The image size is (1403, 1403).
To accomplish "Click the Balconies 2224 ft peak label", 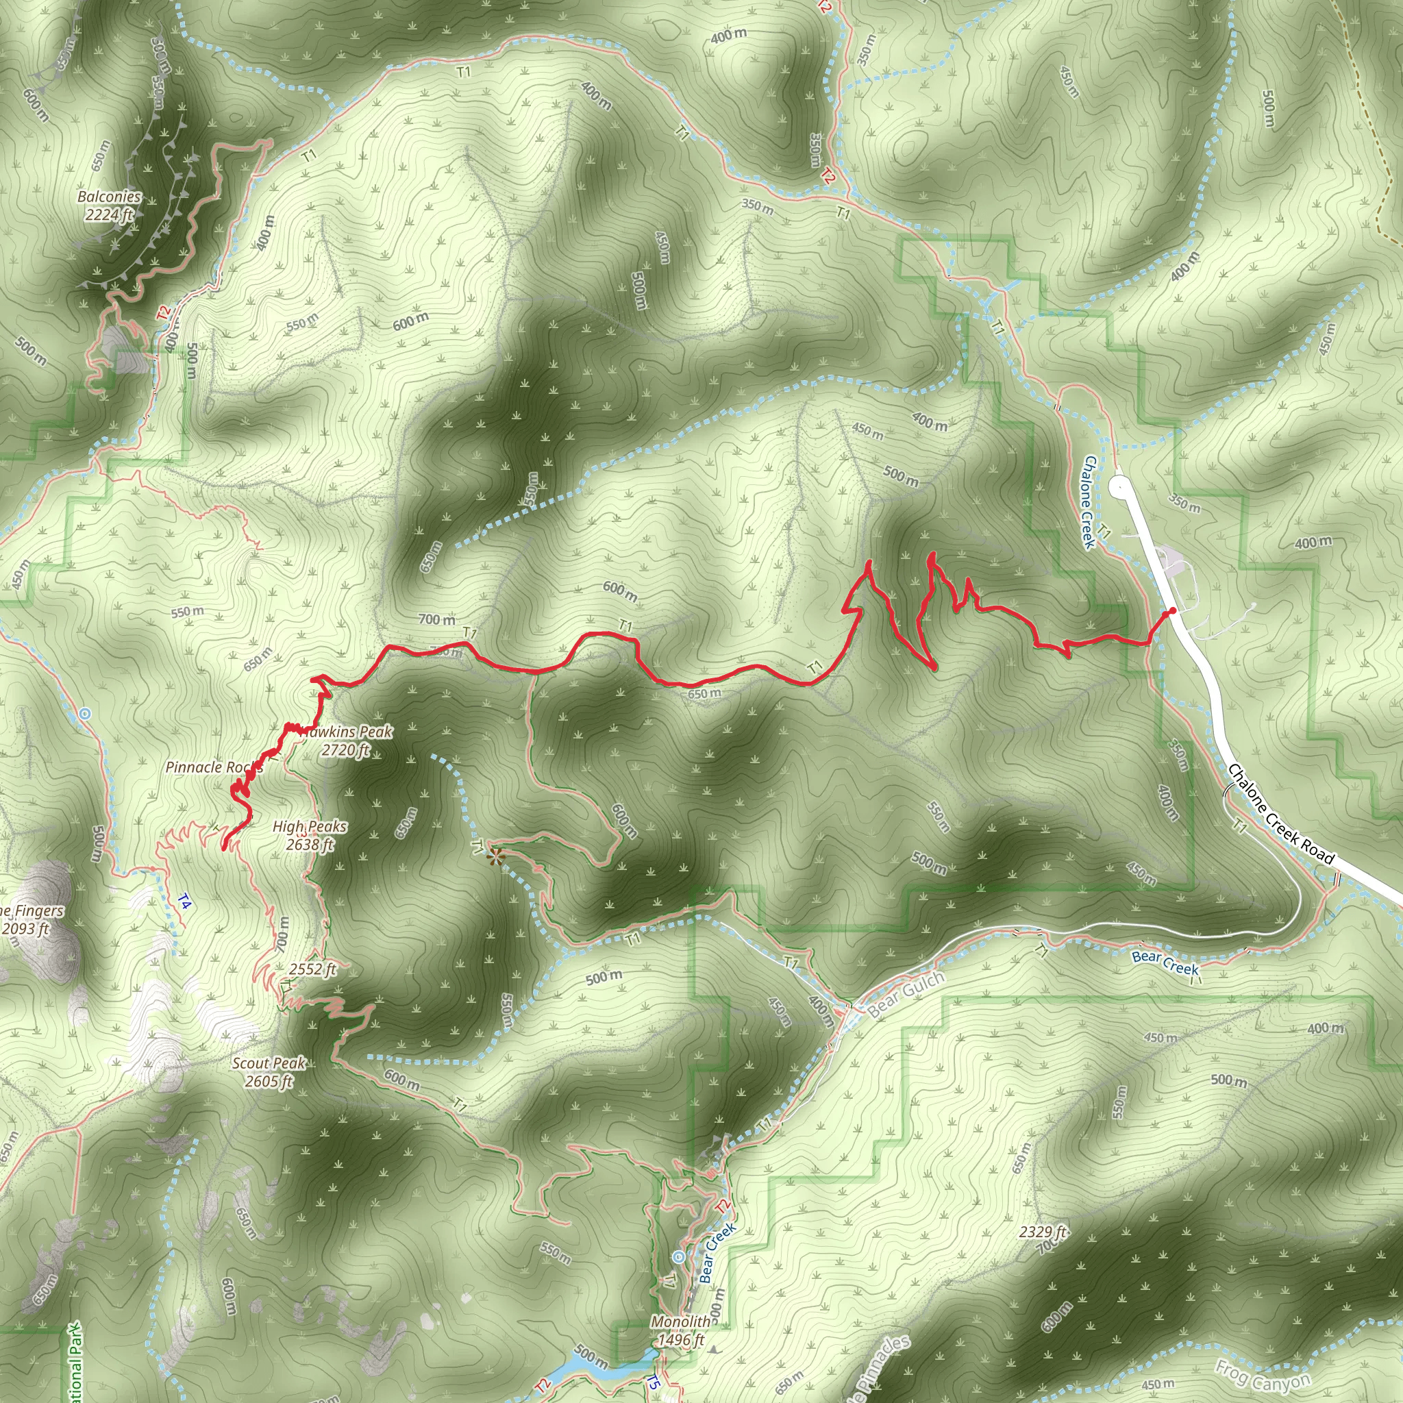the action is click(109, 206).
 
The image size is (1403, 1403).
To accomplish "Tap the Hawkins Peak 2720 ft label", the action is click(347, 741).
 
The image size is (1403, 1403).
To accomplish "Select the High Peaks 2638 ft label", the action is click(310, 835).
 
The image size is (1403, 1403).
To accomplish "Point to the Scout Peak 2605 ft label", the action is click(269, 1072).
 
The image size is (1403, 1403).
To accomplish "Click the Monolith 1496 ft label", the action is click(680, 1330).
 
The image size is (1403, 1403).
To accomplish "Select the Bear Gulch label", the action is click(906, 993).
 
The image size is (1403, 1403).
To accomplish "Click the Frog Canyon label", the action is click(1263, 1375).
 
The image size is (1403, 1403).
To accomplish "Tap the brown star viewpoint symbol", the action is click(495, 858).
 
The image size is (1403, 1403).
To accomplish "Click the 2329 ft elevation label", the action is click(1043, 1232).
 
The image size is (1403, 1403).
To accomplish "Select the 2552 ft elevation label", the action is click(312, 969).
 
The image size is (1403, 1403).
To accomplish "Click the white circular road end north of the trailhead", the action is click(1120, 486).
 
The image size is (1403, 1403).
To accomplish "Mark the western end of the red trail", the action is click(223, 847).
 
